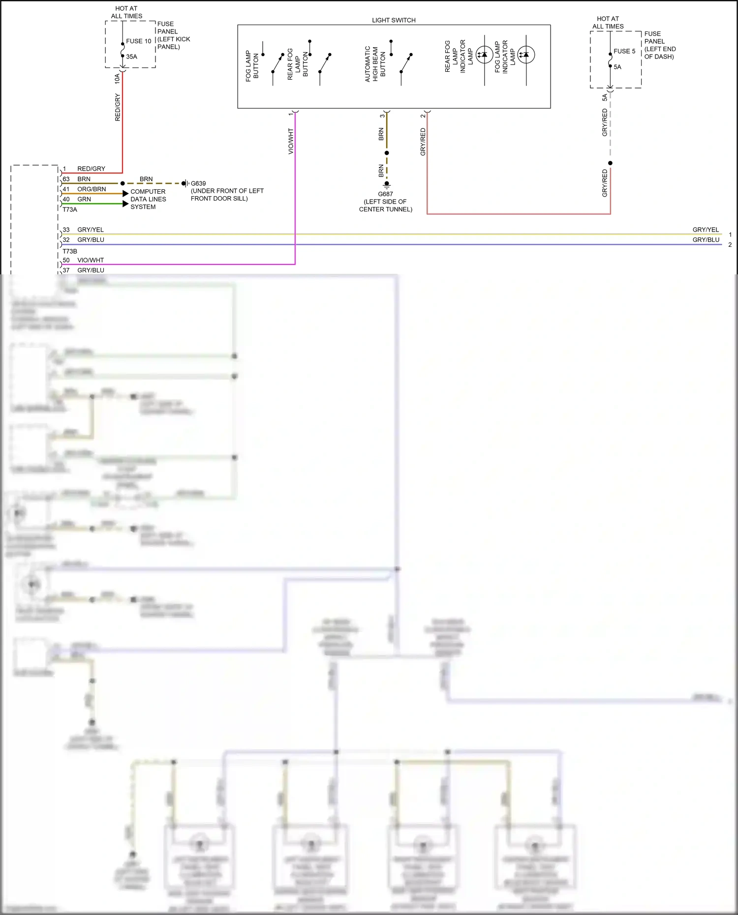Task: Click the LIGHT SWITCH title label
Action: pyautogui.click(x=394, y=20)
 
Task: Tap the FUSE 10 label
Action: pyautogui.click(x=138, y=41)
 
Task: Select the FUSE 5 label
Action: pyautogui.click(x=624, y=51)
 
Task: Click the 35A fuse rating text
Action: pyautogui.click(x=131, y=57)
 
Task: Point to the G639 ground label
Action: pyautogui.click(x=198, y=183)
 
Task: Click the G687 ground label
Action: pyautogui.click(x=385, y=194)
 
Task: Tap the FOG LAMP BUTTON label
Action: pyautogui.click(x=252, y=66)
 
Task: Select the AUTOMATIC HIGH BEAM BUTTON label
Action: pyautogui.click(x=375, y=64)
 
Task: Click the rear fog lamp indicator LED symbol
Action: pyautogui.click(x=484, y=55)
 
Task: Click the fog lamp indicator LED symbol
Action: pyautogui.click(x=526, y=55)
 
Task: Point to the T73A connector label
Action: pyautogui.click(x=70, y=209)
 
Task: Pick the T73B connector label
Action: pyautogui.click(x=70, y=251)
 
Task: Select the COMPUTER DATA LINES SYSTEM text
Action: pyautogui.click(x=148, y=199)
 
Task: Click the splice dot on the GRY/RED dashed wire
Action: pyautogui.click(x=610, y=163)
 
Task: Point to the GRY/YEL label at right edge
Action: pyautogui.click(x=706, y=230)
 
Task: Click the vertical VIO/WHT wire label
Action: pyautogui.click(x=290, y=142)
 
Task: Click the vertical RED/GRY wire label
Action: pyautogui.click(x=117, y=107)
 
